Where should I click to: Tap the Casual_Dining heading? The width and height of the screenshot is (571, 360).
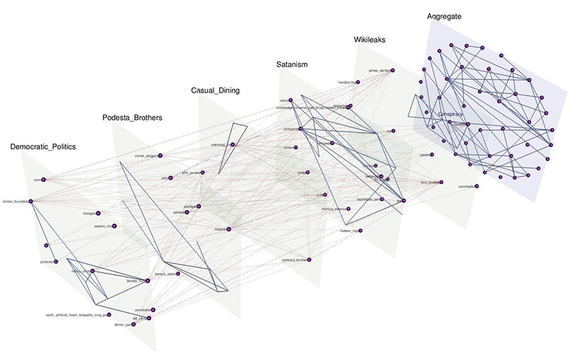[x=215, y=91]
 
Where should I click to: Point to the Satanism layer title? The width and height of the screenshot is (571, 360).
[x=291, y=65]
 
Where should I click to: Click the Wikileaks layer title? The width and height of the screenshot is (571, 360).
[x=370, y=40]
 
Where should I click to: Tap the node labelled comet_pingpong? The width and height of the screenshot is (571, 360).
[x=160, y=155]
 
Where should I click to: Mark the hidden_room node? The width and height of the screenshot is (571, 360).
[x=362, y=231]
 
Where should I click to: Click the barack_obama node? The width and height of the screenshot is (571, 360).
[x=178, y=274]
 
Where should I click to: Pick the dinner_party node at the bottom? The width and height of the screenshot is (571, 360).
[x=131, y=325]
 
